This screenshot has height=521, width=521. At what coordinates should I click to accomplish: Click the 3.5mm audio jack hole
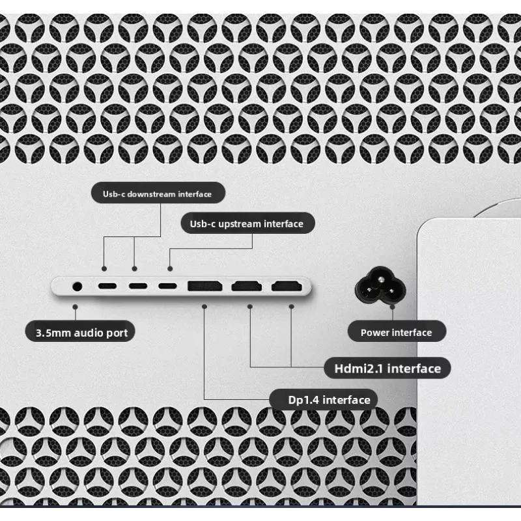[77, 286]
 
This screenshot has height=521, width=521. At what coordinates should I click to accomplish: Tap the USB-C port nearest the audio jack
[107, 286]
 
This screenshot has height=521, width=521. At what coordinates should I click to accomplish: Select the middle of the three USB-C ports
[138, 286]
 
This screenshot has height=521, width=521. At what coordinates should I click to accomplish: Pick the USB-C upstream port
[167, 286]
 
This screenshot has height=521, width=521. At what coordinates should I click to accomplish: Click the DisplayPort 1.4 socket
[204, 286]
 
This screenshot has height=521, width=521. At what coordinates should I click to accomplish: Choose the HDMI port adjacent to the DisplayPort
[247, 286]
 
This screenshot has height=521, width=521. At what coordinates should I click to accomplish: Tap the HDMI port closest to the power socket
[287, 286]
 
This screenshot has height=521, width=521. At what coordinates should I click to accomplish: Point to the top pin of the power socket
[380, 279]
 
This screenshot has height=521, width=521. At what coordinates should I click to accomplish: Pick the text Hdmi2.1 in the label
[359, 369]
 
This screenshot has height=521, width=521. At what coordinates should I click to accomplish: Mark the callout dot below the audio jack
[75, 307]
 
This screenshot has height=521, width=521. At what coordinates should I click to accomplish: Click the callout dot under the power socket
[393, 307]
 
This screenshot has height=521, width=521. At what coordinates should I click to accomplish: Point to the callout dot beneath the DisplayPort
[204, 306]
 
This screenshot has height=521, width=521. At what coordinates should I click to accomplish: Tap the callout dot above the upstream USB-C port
[170, 268]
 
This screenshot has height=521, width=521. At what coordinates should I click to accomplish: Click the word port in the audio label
[117, 333]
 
